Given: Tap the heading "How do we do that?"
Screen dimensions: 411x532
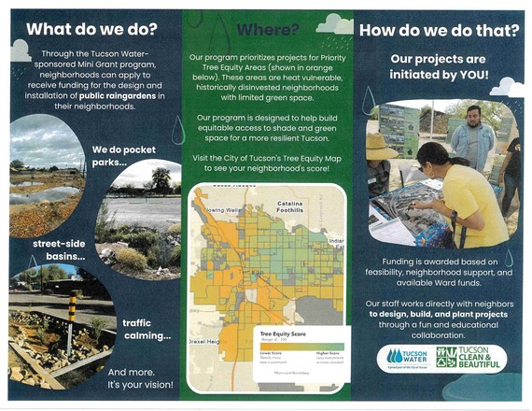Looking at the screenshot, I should (x=440, y=31).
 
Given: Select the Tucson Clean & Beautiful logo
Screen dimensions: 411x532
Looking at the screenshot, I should (x=472, y=357).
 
